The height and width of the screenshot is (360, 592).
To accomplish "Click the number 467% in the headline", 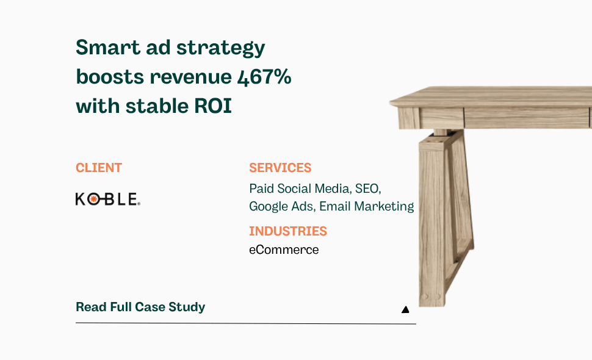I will [262, 77].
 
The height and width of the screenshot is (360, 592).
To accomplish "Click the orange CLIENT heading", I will [99, 168].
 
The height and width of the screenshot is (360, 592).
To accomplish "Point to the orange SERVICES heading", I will [280, 168].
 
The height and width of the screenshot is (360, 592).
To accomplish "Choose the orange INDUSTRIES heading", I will [288, 231].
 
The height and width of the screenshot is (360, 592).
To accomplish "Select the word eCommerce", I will [284, 250].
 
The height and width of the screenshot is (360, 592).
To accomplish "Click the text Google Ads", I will [281, 207].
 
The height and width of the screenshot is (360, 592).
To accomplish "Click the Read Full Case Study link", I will [140, 307].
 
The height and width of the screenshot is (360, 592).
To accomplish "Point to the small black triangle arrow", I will [405, 310].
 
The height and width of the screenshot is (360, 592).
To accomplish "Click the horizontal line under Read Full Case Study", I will [244, 323].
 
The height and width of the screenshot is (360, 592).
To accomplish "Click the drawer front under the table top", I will [525, 117].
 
